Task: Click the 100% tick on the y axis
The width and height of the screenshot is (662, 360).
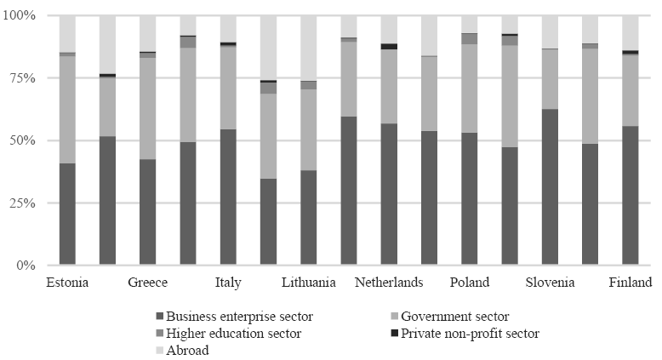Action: pyautogui.click(x=20, y=15)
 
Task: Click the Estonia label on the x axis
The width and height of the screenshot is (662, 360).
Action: pyautogui.click(x=67, y=283)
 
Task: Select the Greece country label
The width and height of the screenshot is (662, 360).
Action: pyautogui.click(x=148, y=283)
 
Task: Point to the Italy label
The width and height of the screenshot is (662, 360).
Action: pyautogui.click(x=228, y=283)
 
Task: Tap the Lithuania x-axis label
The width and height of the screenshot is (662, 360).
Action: pyautogui.click(x=308, y=283)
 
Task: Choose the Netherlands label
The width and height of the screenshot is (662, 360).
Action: pyautogui.click(x=389, y=283)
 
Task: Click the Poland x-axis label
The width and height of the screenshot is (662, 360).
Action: pyautogui.click(x=470, y=283)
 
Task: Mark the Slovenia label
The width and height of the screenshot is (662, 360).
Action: pyautogui.click(x=550, y=283)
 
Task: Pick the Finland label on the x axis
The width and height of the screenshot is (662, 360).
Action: pyautogui.click(x=631, y=283)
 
